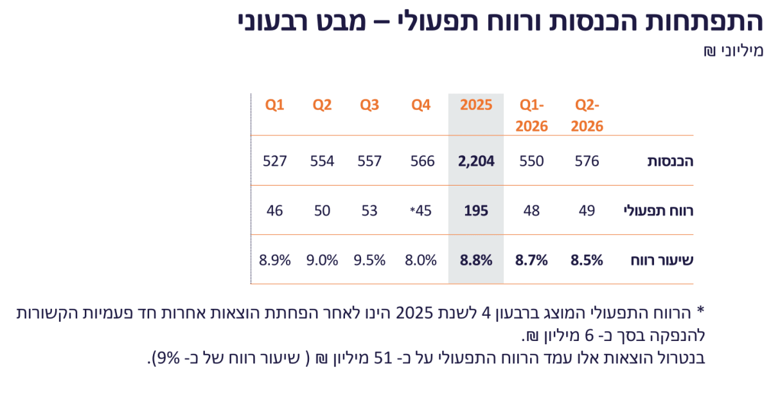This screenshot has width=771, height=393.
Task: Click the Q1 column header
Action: [x=274, y=105]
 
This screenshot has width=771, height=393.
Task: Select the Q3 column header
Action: [x=369, y=105]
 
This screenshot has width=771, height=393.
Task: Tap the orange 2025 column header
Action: [x=476, y=105]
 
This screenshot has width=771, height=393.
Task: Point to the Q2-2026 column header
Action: [x=587, y=116]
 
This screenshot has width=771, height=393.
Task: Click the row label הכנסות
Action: [x=670, y=161]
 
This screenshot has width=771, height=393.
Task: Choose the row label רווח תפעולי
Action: [x=659, y=211]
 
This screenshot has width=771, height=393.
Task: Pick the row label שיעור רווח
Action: [x=662, y=260]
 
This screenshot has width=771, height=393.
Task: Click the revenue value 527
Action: [x=275, y=161]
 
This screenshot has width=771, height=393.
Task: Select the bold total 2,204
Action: [x=476, y=161]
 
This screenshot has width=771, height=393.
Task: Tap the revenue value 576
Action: [x=587, y=161]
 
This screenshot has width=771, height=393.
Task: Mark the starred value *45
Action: [x=421, y=211]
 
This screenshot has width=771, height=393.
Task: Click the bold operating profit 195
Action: [x=476, y=211]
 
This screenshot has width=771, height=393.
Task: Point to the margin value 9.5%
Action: [x=369, y=260]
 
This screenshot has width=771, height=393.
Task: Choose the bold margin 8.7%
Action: [x=531, y=260]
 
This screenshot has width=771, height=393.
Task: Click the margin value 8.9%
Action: [x=275, y=260]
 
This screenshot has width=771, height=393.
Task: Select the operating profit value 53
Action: [x=369, y=211]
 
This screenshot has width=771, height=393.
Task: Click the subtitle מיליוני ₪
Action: [x=733, y=51]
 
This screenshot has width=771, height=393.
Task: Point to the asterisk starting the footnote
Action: [x=701, y=310]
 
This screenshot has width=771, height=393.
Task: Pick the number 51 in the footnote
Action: [x=383, y=358]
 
